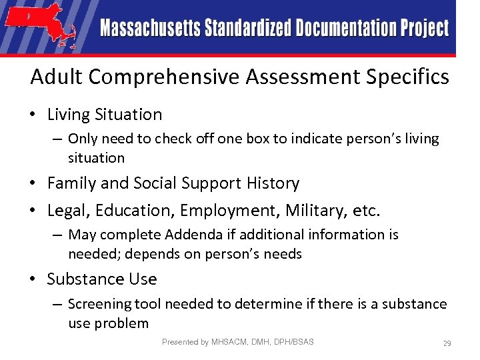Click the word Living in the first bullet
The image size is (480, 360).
[67, 115]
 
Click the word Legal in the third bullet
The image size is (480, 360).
[69, 211]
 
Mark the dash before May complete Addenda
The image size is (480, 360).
[59, 235]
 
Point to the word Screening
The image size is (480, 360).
[100, 304]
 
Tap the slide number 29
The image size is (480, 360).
[447, 343]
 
